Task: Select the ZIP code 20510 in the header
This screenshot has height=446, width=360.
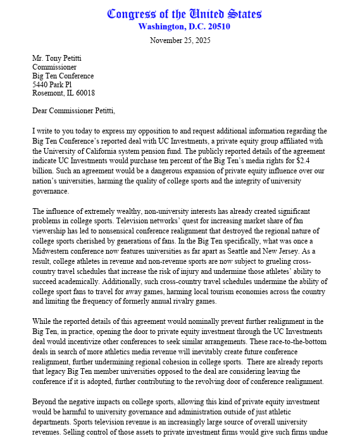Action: coord(217,27)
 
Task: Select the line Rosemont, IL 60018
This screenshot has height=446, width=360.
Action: coord(64,93)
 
